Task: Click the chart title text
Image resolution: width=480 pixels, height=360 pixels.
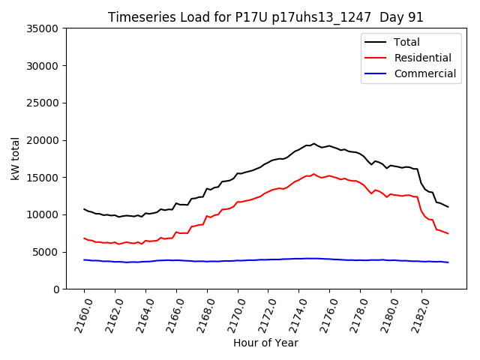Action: tap(265, 17)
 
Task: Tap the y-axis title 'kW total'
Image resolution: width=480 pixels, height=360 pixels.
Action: tap(16, 158)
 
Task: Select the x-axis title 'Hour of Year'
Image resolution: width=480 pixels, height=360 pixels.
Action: tap(265, 343)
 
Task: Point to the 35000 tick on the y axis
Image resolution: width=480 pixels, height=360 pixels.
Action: tap(43, 28)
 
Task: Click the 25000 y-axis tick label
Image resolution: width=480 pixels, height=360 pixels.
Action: tap(43, 103)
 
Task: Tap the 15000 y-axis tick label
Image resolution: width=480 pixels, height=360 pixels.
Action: tap(43, 178)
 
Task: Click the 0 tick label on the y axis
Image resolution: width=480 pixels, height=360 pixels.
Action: tap(55, 289)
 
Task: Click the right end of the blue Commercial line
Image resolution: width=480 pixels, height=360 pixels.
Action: tap(448, 262)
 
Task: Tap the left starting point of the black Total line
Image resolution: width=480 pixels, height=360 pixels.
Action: tap(84, 209)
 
